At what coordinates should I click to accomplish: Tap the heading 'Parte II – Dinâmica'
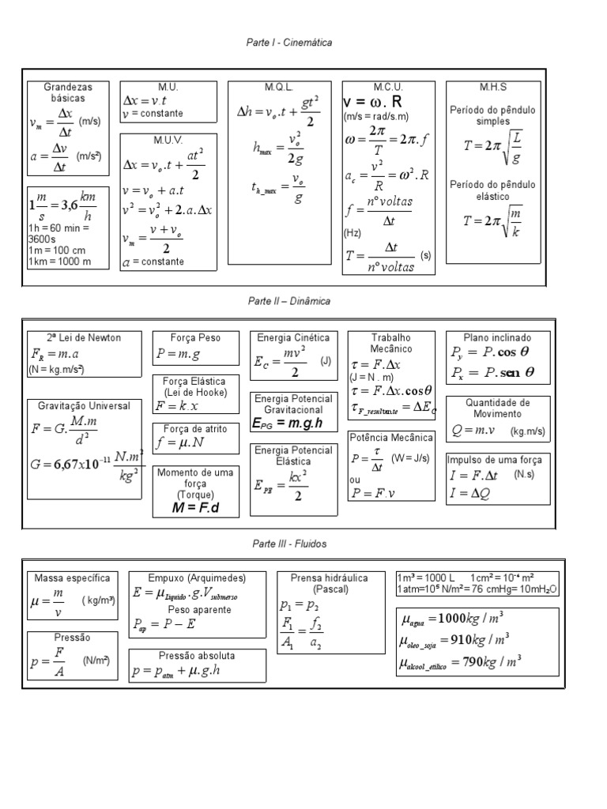[288, 301]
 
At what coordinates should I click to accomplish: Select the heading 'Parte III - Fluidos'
[288, 544]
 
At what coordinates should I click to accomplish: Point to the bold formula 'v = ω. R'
[373, 103]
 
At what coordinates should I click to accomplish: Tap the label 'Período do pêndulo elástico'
[492, 190]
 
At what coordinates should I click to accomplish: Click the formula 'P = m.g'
[179, 355]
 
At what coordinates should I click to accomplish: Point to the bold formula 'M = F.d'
[194, 507]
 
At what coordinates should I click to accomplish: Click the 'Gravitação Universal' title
[79, 405]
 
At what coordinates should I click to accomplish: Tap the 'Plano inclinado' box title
[497, 337]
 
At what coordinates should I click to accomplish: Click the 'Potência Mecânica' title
[391, 437]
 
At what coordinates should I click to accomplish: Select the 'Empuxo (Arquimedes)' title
[198, 578]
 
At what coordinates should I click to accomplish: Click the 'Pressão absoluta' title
[197, 656]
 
